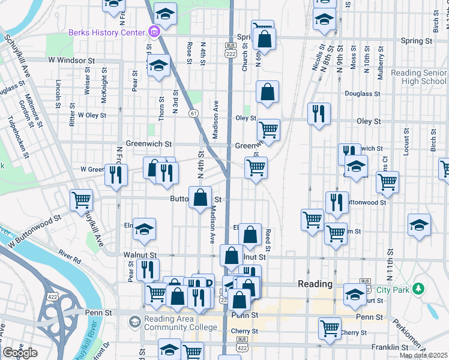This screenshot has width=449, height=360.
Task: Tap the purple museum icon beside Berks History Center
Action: (x=154, y=32)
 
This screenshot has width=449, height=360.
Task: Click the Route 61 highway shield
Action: (x=193, y=112)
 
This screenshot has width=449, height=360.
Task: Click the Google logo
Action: (x=20, y=353)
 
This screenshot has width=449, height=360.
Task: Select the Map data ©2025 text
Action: (x=423, y=355)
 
